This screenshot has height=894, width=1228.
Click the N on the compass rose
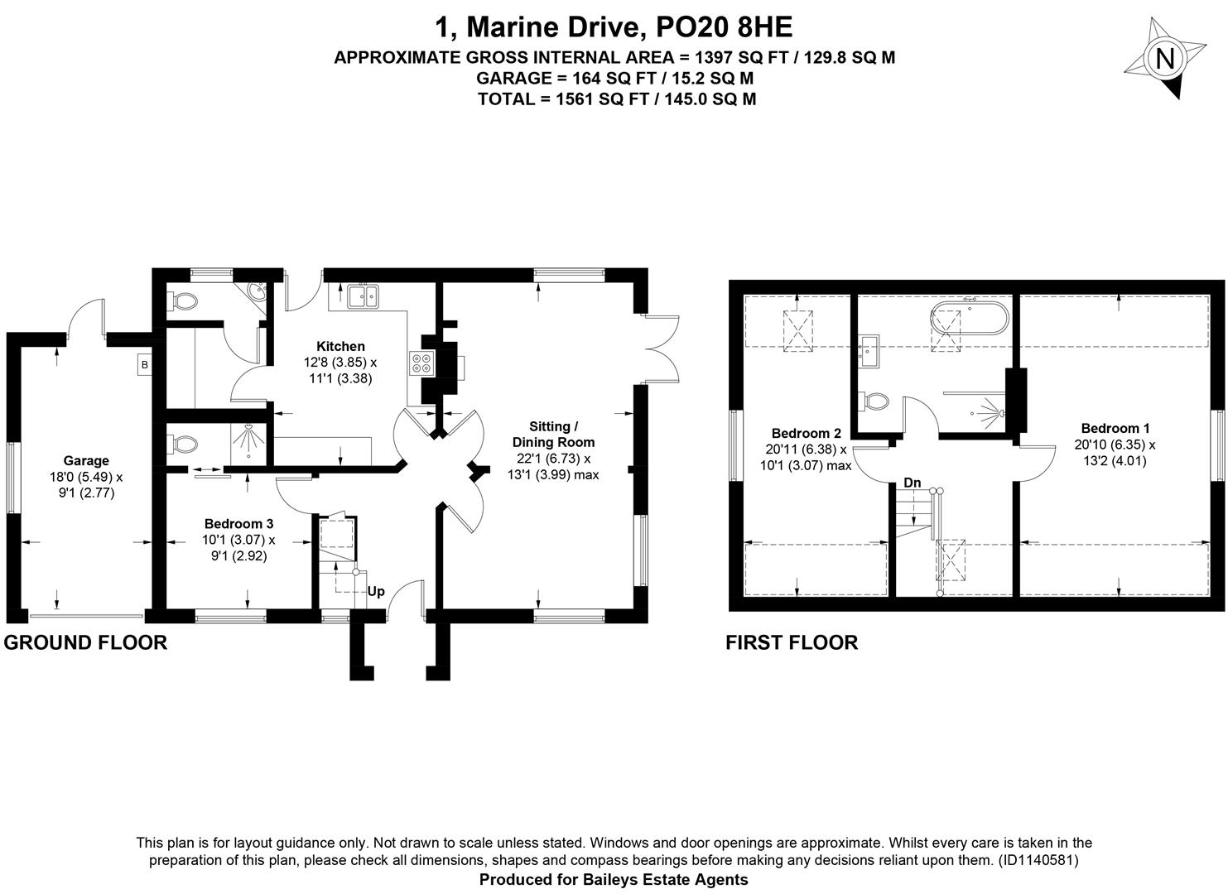(1164, 59)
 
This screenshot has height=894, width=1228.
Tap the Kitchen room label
(340, 346)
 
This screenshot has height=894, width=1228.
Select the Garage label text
(86, 461)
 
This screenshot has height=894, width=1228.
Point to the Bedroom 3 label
(238, 524)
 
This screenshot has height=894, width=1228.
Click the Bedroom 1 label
(1115, 429)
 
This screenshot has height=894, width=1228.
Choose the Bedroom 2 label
(806, 434)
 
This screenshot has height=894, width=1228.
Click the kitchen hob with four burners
(421, 363)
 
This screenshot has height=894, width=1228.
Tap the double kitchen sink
(363, 296)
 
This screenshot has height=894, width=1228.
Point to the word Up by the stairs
(376, 592)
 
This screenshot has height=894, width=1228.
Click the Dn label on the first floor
(913, 483)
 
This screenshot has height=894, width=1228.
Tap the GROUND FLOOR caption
(85, 642)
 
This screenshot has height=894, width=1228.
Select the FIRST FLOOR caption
(792, 642)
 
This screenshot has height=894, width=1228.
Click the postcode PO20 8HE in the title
(724, 27)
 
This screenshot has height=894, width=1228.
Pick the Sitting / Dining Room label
(553, 434)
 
